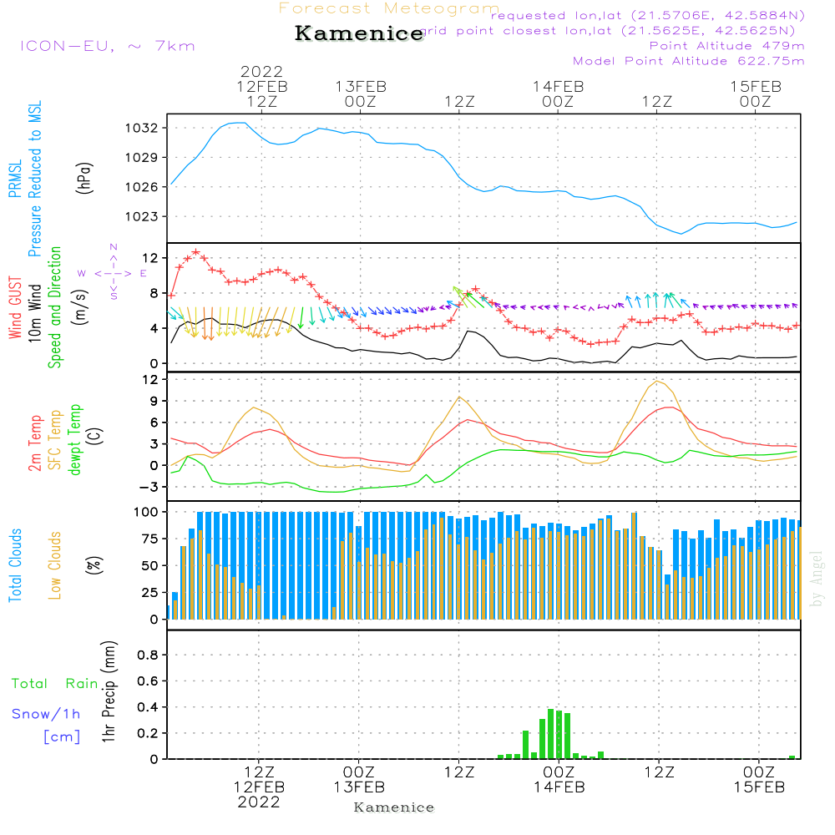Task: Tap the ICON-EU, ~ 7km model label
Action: click(107, 46)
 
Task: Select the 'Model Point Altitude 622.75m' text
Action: click(689, 61)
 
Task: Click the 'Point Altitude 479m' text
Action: click(726, 46)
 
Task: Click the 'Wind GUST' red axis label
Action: click(15, 308)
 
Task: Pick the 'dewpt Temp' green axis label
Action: click(75, 440)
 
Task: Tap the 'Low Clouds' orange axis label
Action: click(55, 564)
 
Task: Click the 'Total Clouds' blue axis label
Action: click(15, 564)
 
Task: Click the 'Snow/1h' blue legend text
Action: click(47, 715)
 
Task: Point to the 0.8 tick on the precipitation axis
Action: click(148, 655)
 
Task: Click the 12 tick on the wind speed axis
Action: click(149, 256)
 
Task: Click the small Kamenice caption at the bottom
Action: click(394, 807)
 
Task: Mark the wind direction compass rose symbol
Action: click(114, 272)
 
